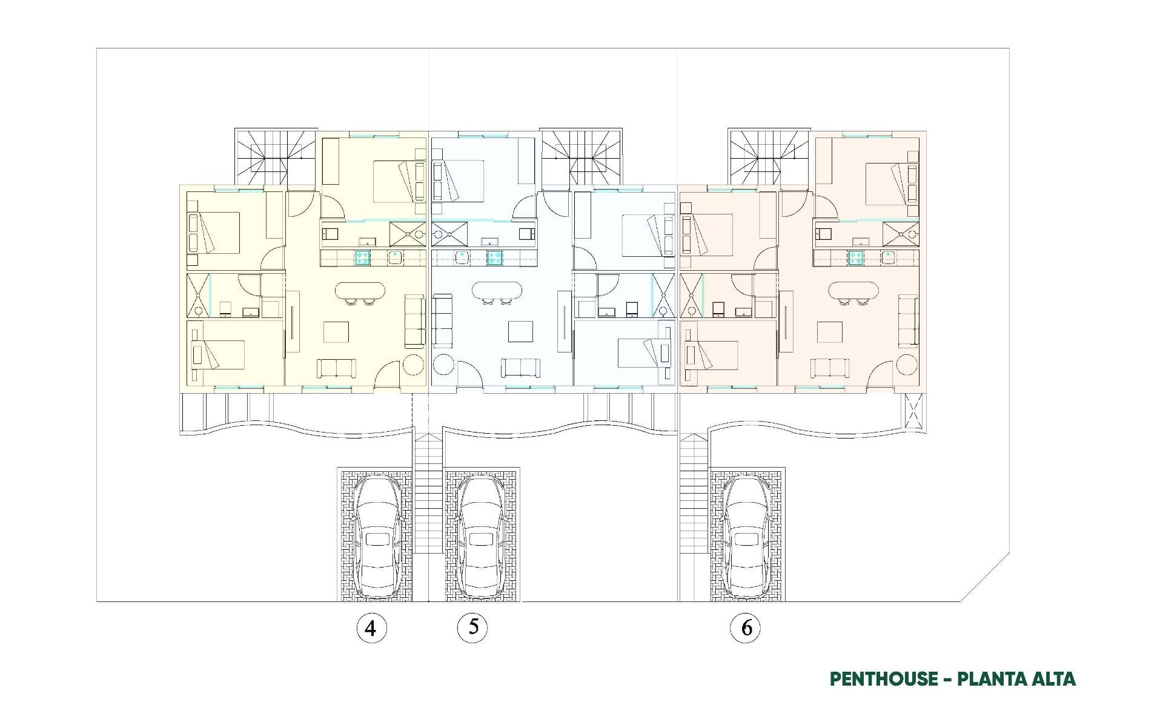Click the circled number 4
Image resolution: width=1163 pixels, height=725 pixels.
point(371,628)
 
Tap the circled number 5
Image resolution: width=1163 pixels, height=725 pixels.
point(472,627)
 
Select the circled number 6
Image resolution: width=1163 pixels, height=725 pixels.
point(746,628)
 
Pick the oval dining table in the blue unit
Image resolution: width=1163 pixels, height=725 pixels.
point(497,291)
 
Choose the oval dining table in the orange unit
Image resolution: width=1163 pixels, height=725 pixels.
point(853,291)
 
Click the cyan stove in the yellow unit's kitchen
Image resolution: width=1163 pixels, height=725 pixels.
point(363,257)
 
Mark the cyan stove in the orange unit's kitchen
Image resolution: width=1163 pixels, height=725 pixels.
point(856,257)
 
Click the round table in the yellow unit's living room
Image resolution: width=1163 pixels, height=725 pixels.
point(414,365)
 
